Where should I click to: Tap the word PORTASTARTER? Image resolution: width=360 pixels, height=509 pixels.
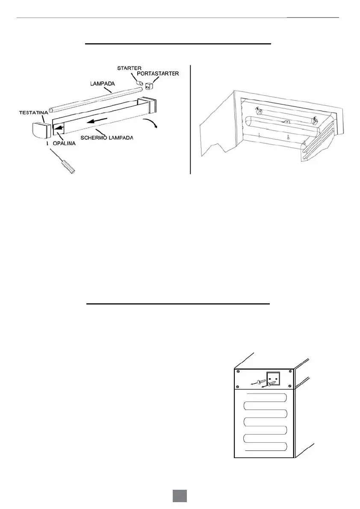click(x=158, y=74)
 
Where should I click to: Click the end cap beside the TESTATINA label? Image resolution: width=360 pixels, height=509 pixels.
click(x=41, y=129)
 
